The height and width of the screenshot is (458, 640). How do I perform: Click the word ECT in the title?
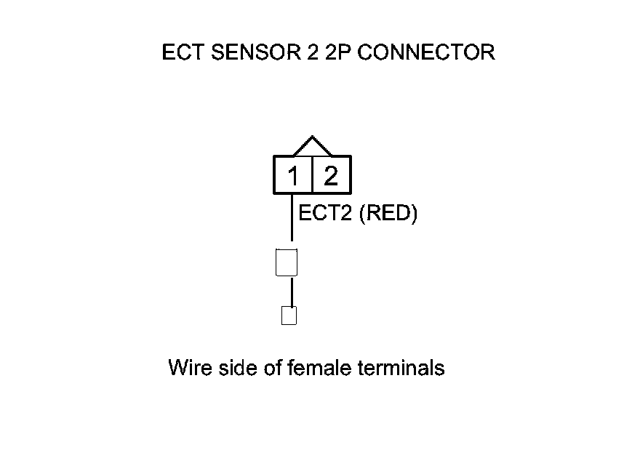(180, 53)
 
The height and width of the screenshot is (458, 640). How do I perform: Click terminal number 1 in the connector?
(293, 176)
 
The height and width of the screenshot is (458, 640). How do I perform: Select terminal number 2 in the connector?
(331, 176)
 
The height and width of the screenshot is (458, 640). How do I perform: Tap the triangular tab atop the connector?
(312, 146)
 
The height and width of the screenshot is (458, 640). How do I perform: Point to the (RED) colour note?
(388, 214)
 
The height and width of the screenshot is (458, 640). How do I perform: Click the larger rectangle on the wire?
(287, 262)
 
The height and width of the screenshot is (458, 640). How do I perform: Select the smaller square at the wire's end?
(289, 316)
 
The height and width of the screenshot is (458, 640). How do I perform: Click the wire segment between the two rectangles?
(292, 292)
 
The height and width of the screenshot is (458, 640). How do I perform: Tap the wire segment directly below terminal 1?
(292, 218)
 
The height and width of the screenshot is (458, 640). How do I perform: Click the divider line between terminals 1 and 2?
(312, 175)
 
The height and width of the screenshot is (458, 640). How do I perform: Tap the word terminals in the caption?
(401, 368)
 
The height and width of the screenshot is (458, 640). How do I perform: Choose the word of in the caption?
(264, 368)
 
